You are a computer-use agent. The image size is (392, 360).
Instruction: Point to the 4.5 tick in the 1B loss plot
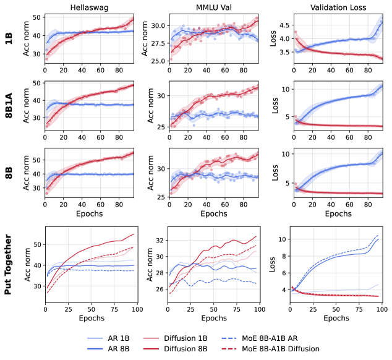(x=282, y=25)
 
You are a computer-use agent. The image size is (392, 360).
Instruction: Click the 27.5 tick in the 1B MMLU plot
(x=156, y=40)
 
